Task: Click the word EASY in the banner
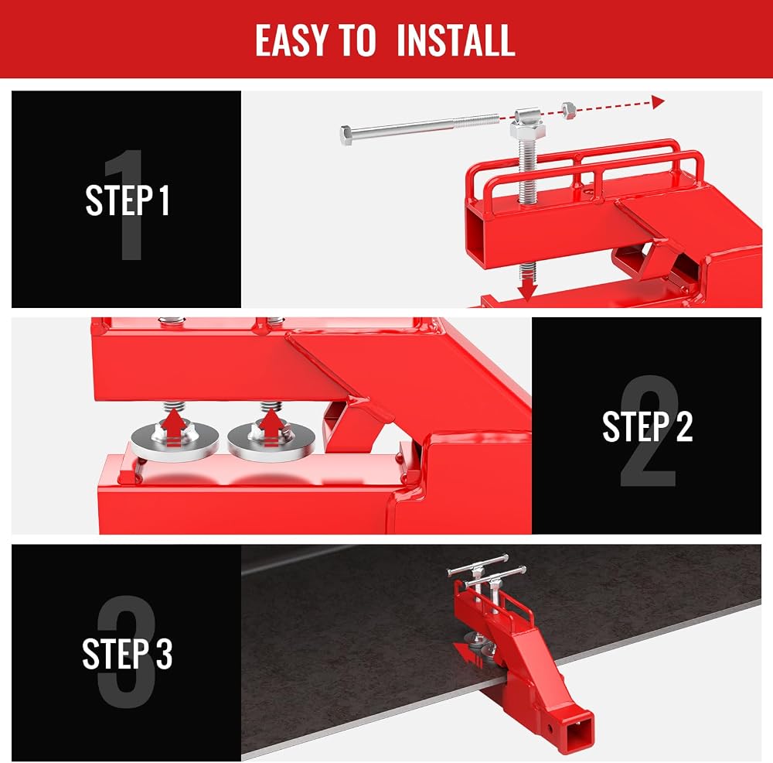291,40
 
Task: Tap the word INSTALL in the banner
455,40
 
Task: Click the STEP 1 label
128,200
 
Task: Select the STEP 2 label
647,426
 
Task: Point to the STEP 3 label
128,653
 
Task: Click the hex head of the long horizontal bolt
346,135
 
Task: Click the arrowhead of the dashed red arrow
658,102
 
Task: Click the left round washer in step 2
175,441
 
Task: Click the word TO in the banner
357,40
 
